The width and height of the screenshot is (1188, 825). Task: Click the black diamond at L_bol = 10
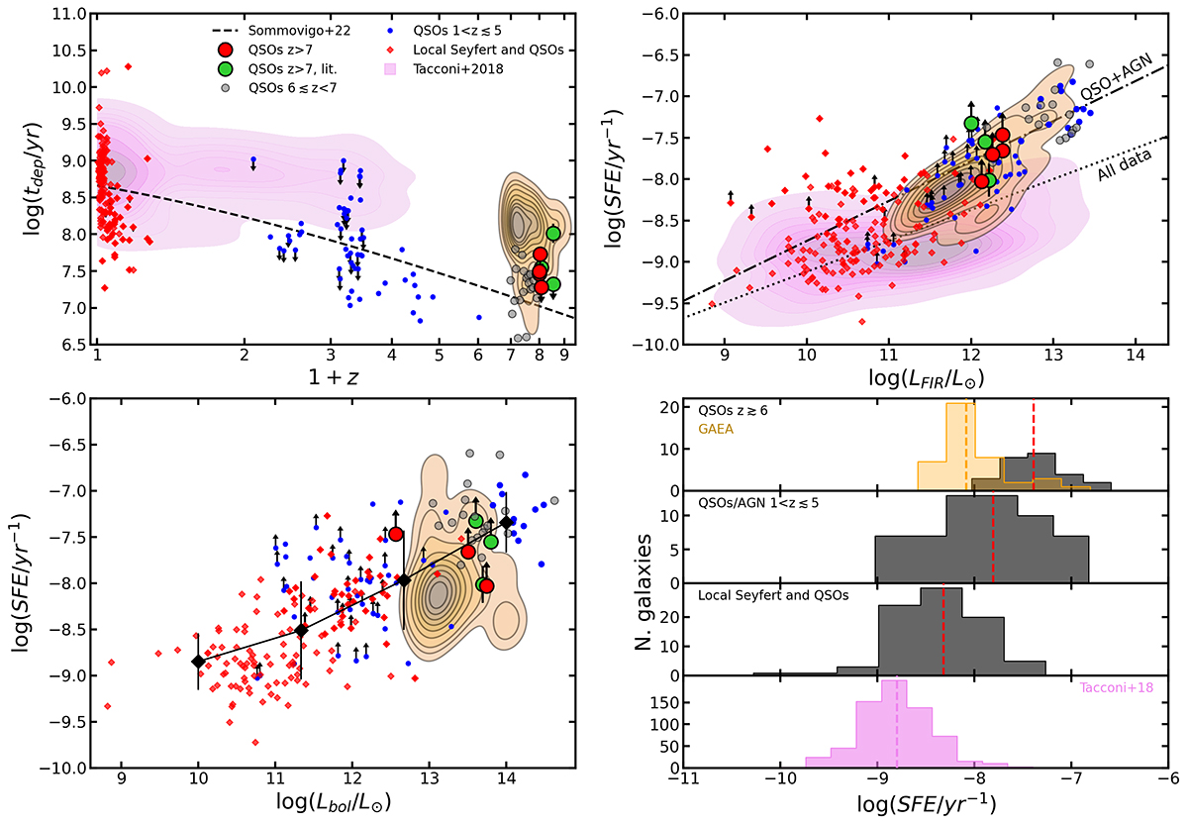(198, 661)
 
